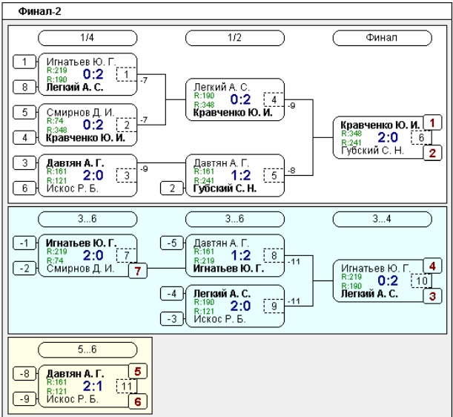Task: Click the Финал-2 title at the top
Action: pos(39,12)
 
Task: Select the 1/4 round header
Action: pos(87,38)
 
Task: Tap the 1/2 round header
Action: pos(234,38)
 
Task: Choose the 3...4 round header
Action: pos(383,219)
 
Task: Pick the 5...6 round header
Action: pos(87,349)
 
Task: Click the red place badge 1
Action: pos(432,122)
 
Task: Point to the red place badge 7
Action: pos(138,271)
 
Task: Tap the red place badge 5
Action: pos(138,371)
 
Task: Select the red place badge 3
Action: pos(432,296)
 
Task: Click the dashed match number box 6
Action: pos(422,138)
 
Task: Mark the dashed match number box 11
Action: pos(127,387)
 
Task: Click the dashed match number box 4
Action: pos(274,99)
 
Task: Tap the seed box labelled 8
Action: pos(25,87)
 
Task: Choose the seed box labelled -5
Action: pos(172,243)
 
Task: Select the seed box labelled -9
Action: pos(25,399)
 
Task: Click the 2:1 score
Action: pos(93,386)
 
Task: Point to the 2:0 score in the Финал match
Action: pos(388,137)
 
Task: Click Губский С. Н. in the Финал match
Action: pos(372,151)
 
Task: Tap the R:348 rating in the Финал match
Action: pos(351,134)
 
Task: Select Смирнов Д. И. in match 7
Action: pos(80,269)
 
